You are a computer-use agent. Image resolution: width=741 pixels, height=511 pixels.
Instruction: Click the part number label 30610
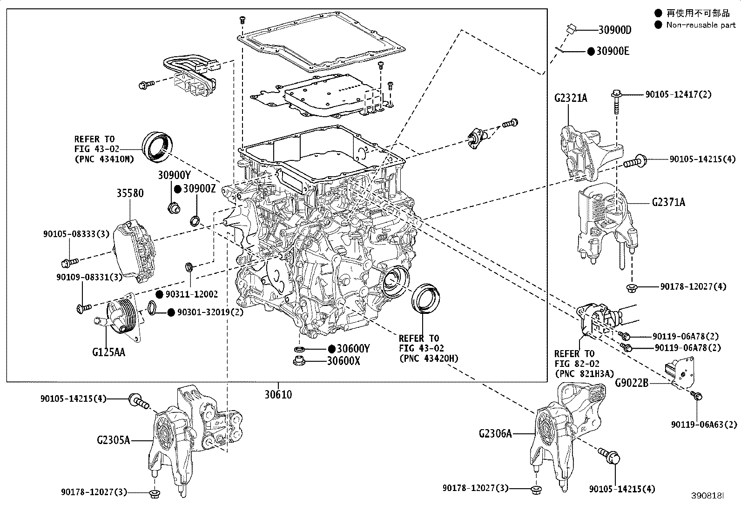(x=278, y=395)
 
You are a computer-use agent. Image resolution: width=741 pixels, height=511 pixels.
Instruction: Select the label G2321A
(x=571, y=98)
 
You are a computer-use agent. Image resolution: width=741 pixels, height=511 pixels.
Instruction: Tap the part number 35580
(x=130, y=192)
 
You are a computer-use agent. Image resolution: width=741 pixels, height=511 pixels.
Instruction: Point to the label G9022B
(x=632, y=383)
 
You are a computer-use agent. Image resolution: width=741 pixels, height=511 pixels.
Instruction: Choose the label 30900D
(x=614, y=30)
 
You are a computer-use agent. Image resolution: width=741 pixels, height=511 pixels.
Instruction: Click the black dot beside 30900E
(x=590, y=51)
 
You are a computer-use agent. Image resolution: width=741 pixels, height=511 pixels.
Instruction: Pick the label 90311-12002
(x=191, y=294)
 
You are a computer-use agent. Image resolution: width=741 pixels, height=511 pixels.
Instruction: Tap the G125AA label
(x=108, y=352)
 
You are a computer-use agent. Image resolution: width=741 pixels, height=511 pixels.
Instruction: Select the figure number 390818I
(x=708, y=496)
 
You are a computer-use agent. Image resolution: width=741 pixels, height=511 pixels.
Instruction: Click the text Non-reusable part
(x=701, y=25)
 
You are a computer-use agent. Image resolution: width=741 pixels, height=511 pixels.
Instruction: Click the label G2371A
(x=668, y=202)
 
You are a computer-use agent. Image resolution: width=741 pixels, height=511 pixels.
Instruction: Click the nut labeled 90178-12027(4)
(x=632, y=286)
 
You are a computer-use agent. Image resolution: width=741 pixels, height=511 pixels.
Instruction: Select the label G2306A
(x=495, y=433)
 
